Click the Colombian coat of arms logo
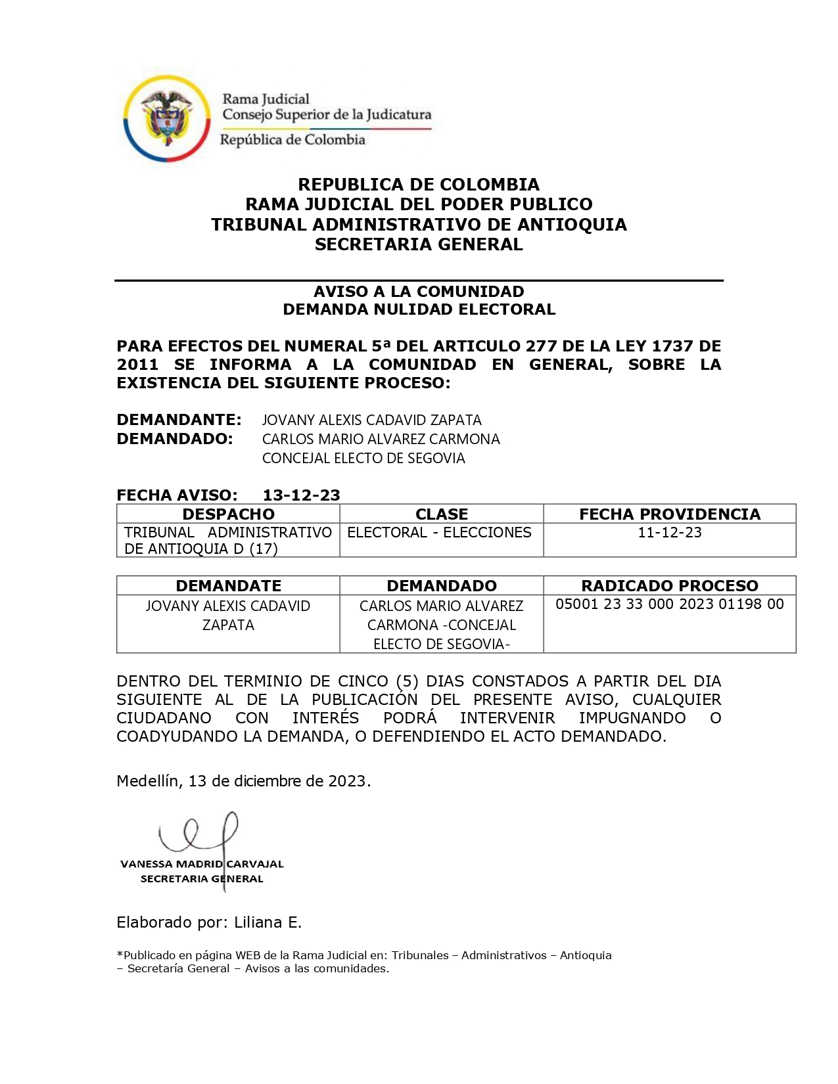click(166, 118)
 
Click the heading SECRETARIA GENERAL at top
click(419, 244)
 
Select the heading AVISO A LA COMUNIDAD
click(419, 292)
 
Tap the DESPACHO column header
click(228, 514)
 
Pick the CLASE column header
click(442, 514)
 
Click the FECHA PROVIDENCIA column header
click(669, 514)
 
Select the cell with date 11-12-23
click(669, 532)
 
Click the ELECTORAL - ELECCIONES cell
click(439, 532)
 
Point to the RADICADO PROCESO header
click(669, 585)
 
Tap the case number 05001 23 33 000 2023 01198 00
click(669, 604)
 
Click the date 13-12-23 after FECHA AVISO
click(301, 495)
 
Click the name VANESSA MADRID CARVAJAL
click(202, 864)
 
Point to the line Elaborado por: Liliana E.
click(209, 922)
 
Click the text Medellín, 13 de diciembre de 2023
click(243, 781)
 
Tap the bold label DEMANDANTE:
click(179, 420)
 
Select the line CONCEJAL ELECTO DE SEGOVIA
click(363, 458)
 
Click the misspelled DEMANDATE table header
click(228, 585)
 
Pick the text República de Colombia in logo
click(292, 140)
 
